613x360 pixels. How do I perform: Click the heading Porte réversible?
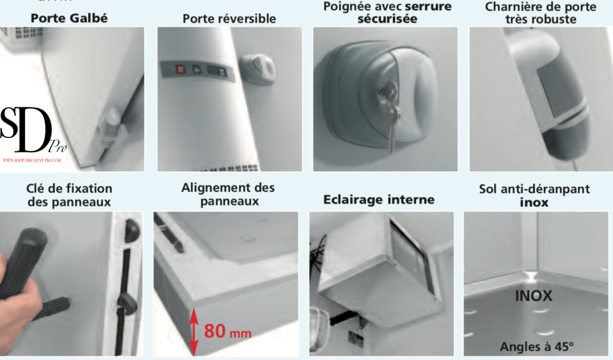pos(229,18)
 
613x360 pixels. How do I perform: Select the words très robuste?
pos(540,19)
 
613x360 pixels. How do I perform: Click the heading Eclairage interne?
pos(379,199)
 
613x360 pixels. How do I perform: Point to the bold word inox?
pos(534,202)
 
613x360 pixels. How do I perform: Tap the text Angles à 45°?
pos(537,346)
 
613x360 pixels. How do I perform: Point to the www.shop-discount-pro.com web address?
pos(32,160)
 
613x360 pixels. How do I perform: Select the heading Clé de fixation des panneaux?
pos(69,195)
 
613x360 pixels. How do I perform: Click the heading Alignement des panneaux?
pos(228,194)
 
